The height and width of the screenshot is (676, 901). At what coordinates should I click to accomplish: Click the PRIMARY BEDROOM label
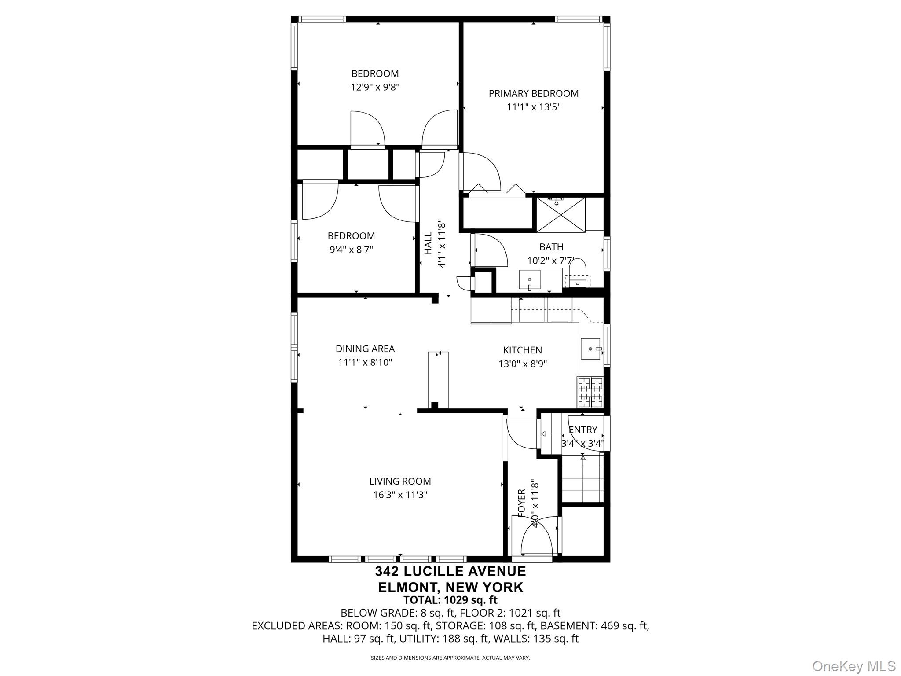click(533, 93)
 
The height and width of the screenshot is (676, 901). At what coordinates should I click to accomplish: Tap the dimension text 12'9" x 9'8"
click(375, 87)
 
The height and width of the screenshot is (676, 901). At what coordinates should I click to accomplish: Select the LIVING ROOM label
click(400, 481)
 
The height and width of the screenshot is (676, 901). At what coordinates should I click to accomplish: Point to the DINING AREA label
click(365, 349)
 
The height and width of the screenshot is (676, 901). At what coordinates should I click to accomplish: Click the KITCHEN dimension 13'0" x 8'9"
click(522, 364)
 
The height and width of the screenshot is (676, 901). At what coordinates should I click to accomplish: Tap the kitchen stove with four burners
click(590, 392)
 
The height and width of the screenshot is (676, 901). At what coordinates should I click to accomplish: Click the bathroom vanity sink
click(530, 279)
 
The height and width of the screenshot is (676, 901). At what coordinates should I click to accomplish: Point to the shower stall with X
click(561, 215)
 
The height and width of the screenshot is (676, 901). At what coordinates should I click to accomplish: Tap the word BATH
click(551, 247)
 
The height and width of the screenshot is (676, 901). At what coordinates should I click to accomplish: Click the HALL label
click(428, 243)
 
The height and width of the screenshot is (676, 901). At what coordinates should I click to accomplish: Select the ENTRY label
click(583, 430)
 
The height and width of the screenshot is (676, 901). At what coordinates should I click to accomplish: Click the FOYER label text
click(522, 503)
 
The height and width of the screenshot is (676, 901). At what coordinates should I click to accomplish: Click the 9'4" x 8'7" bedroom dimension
click(351, 250)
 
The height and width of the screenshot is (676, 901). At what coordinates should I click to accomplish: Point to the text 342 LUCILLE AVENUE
click(450, 571)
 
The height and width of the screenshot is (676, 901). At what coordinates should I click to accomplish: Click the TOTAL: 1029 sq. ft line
click(450, 600)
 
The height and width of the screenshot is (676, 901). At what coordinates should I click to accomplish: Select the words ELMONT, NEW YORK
click(450, 587)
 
